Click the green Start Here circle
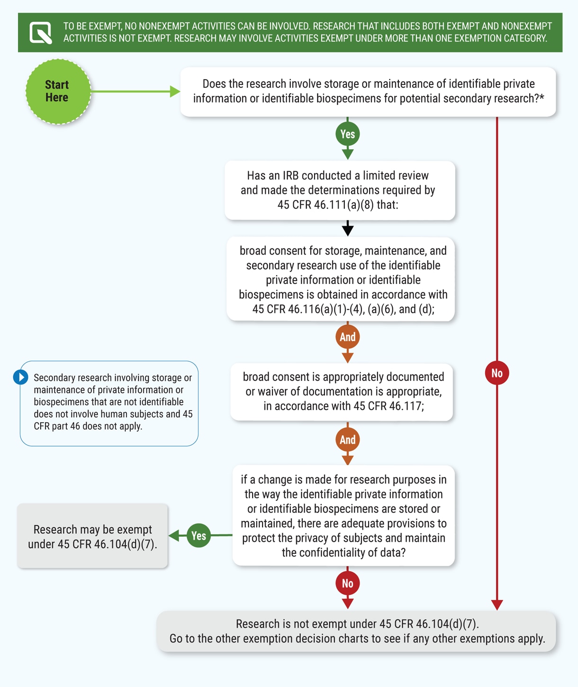pyautogui.click(x=58, y=92)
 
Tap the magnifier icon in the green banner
pyautogui.click(x=41, y=33)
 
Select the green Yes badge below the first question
pyautogui.click(x=347, y=134)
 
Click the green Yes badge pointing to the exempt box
pyautogui.click(x=199, y=536)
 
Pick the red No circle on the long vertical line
pyautogui.click(x=497, y=373)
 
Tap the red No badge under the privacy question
pyautogui.click(x=347, y=583)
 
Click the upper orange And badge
pyautogui.click(x=347, y=337)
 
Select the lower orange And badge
pyautogui.click(x=347, y=440)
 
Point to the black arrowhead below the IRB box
pyautogui.click(x=348, y=230)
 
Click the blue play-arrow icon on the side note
pyautogui.click(x=20, y=377)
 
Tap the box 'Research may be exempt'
pyautogui.click(x=93, y=536)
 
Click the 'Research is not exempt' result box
pyautogui.click(x=357, y=631)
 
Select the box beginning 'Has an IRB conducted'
pyautogui.click(x=340, y=190)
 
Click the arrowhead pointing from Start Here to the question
pyautogui.click(x=175, y=92)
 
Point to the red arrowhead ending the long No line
pyautogui.click(x=497, y=605)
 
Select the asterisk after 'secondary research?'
pyautogui.click(x=542, y=98)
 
